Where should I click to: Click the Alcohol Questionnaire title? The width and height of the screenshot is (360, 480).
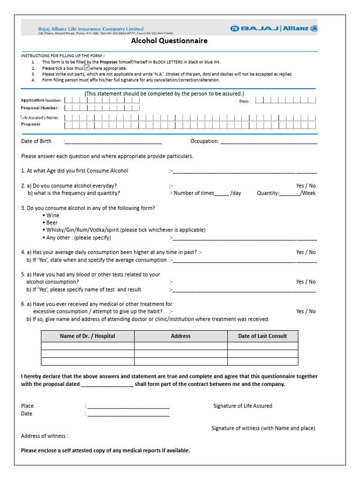tap(169, 41)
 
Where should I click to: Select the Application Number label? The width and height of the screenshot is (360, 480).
tap(40, 100)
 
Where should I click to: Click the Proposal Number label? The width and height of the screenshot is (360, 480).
tap(39, 108)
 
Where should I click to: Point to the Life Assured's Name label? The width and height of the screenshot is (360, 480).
tap(40, 118)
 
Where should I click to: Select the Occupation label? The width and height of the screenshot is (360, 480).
tap(204, 141)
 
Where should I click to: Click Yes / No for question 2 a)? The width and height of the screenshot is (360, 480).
tap(306, 186)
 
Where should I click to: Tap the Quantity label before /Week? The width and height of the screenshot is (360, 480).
tap(268, 193)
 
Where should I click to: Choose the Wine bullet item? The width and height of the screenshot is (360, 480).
tap(53, 215)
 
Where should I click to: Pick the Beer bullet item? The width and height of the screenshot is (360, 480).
tap(52, 223)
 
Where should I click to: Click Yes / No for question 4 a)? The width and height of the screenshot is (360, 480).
tap(306, 252)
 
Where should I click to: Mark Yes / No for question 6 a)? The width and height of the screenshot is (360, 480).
tap(306, 311)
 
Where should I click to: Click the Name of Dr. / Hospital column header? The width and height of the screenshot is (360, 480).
tap(87, 336)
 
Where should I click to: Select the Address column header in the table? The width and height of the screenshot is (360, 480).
tap(180, 336)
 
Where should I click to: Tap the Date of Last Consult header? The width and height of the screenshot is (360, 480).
tap(262, 336)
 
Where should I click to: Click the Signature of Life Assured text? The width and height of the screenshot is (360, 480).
tap(242, 406)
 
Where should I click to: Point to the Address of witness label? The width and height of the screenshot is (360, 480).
tap(45, 436)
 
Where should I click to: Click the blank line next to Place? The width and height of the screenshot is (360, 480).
tap(128, 406)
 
